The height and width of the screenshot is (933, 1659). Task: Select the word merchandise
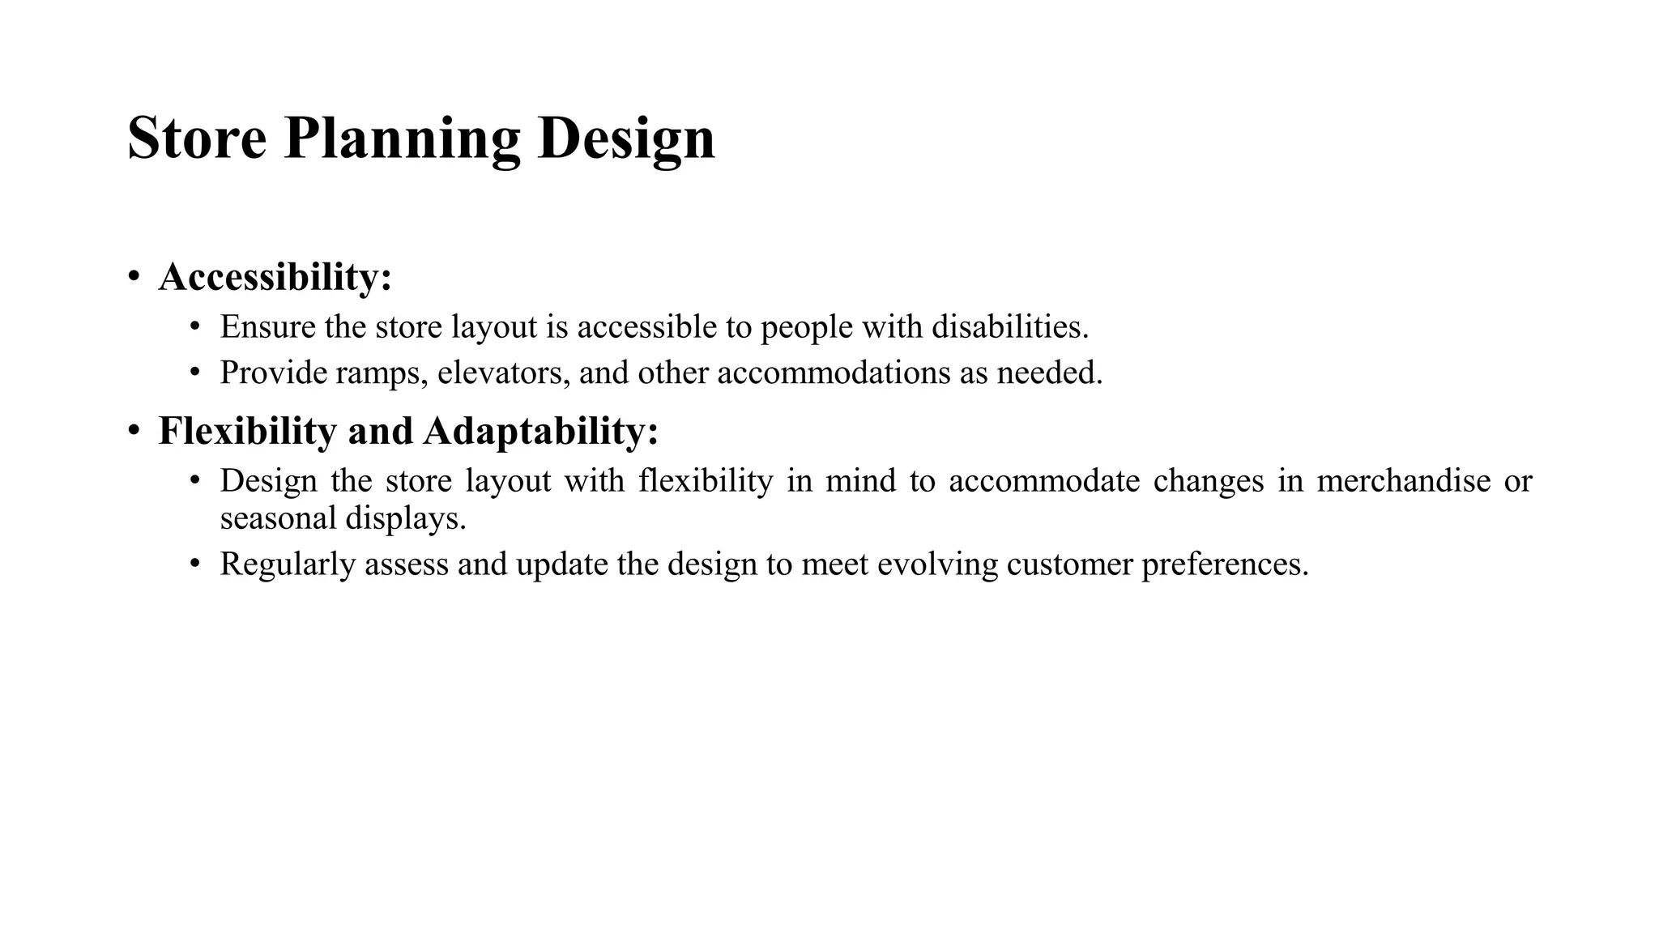tap(1403, 481)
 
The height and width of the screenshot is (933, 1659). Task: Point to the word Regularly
tap(288, 564)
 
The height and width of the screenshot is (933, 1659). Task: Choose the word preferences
tap(1225, 564)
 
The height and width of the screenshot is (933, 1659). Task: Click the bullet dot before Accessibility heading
tap(134, 277)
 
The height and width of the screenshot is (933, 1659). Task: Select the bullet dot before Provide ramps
tap(194, 373)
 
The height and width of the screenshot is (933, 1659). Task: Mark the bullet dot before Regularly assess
tap(194, 564)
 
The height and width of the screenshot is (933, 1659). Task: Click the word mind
tap(860, 481)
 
